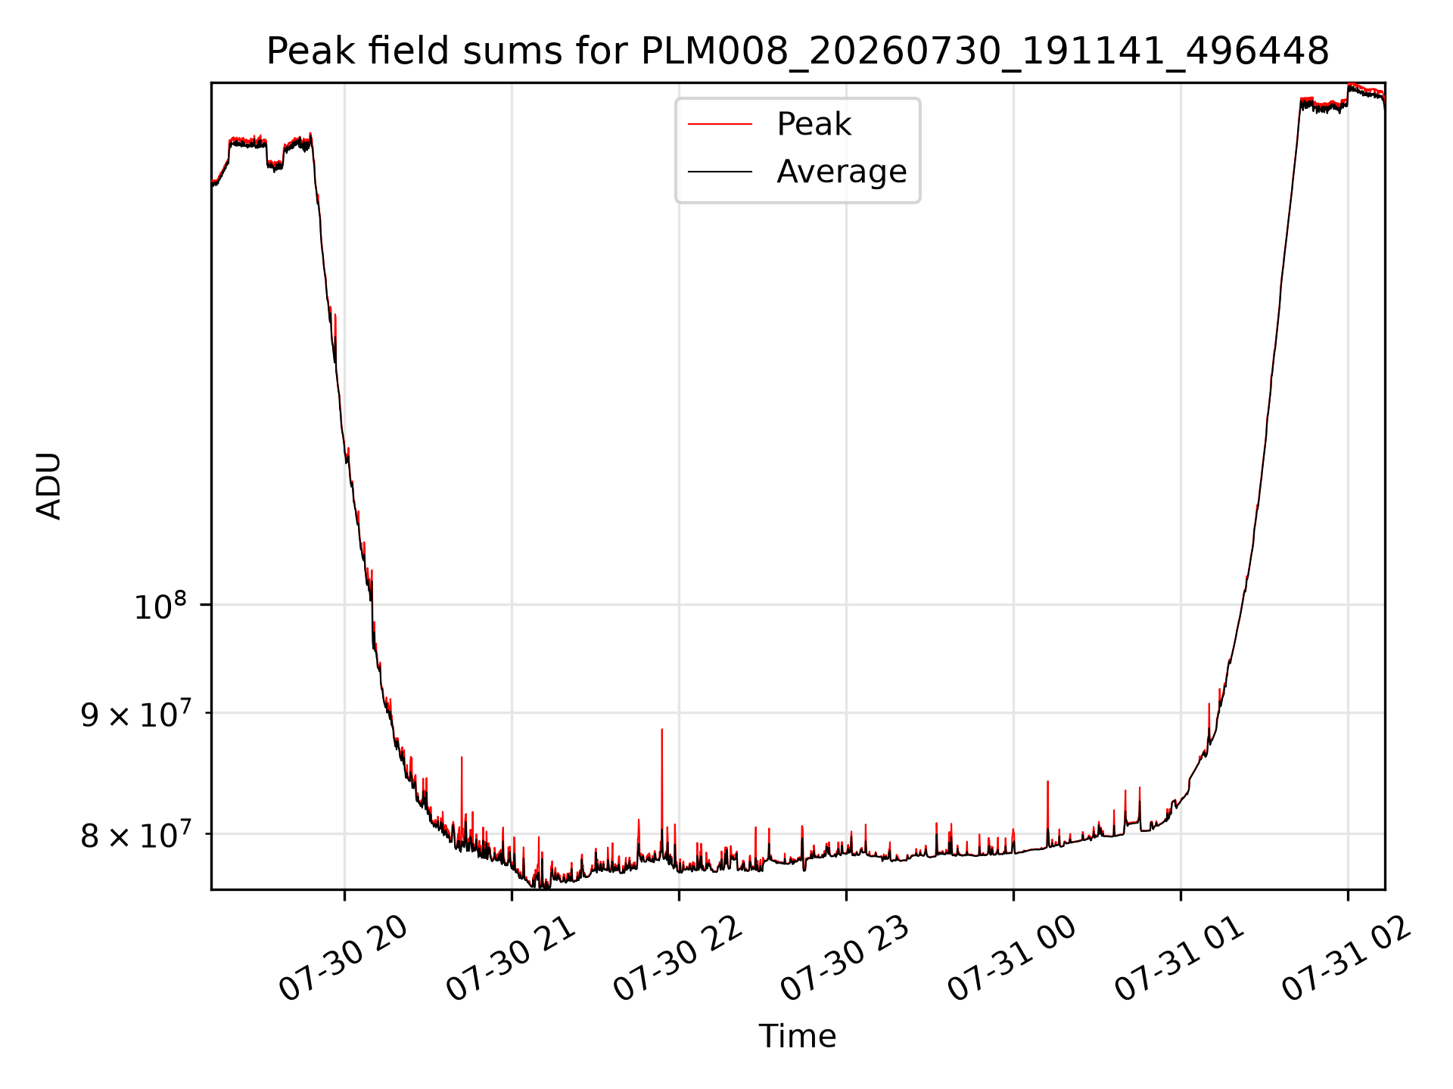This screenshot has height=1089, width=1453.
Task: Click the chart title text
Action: coord(798,51)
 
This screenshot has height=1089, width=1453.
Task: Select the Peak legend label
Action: coord(814,124)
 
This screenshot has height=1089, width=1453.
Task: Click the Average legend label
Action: coord(842,172)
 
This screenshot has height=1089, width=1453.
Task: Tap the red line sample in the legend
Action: coord(720,125)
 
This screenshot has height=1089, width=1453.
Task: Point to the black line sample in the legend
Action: coord(720,172)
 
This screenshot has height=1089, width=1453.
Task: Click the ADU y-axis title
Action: coord(49,486)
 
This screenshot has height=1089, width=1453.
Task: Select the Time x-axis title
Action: coord(798,1036)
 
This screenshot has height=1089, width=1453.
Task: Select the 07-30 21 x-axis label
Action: coord(512,959)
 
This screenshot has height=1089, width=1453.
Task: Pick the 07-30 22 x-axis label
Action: coord(679,959)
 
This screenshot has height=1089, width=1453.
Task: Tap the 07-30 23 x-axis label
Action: coord(846,959)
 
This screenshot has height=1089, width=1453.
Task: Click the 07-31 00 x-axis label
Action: coord(1013,959)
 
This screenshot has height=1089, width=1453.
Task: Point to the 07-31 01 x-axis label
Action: coord(1181,959)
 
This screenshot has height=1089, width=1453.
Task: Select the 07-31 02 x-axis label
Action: coord(1348,959)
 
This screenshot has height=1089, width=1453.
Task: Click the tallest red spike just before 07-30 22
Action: coord(662,730)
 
